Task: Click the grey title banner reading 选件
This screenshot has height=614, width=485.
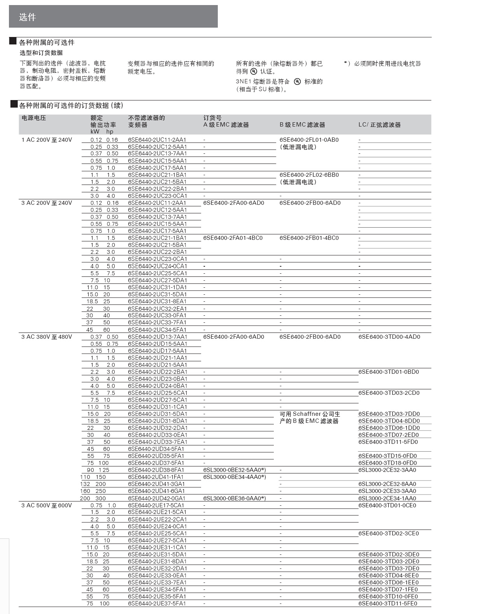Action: point(113,16)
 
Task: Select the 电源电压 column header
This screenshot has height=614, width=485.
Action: point(34,118)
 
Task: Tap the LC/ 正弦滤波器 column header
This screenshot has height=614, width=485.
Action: point(379,125)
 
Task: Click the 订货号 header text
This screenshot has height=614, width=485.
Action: point(212,118)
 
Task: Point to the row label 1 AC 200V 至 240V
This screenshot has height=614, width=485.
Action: point(47,140)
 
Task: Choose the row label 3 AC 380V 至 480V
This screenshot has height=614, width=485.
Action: point(47,337)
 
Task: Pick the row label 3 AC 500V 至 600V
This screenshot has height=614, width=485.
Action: point(47,505)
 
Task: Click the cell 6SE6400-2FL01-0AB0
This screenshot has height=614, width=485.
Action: point(309,140)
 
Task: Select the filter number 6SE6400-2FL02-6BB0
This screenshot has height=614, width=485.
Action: point(309,175)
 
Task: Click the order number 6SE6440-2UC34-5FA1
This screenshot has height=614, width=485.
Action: point(157,330)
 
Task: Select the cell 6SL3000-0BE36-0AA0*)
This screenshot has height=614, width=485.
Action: point(235,498)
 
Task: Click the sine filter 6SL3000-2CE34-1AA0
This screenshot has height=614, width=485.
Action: point(387,498)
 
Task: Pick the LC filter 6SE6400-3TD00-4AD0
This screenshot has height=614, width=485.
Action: point(389,337)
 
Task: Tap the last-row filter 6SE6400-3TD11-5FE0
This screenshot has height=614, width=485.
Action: point(388,603)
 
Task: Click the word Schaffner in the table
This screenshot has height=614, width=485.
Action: point(307,414)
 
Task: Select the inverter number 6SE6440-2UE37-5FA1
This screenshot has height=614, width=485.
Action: point(157,603)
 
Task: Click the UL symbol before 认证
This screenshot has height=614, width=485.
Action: point(254,71)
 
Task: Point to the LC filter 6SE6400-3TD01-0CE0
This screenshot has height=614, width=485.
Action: point(387,505)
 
